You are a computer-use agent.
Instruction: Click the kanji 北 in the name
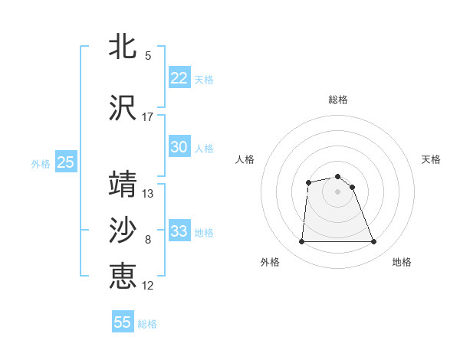pos(123,46)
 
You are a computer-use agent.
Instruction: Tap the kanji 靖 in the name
pos(123,185)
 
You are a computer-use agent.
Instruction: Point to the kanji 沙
pos(123,231)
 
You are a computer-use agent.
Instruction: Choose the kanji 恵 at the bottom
pos(123,276)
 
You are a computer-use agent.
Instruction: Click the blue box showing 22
pos(179,77)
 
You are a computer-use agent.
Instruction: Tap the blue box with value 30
pos(179,147)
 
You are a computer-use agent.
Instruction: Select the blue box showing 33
pos(179,231)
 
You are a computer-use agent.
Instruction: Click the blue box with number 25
pos(65,162)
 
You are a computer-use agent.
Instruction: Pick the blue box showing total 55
pos(123,322)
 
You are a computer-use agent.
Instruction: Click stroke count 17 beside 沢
pos(148,117)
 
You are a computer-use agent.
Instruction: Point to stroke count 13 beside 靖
pos(148,193)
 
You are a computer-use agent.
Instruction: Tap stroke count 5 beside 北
pos(148,55)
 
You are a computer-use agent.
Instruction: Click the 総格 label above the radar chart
pos(338,100)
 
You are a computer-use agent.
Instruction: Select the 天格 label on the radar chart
pos(431,159)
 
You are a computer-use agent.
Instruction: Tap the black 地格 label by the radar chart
pos(402,262)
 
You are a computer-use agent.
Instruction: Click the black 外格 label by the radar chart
pos(270,262)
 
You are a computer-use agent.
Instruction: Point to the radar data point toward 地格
pos(373,242)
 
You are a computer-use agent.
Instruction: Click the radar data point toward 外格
pos(301,242)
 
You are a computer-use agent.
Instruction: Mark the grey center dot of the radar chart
pos(337,191)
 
